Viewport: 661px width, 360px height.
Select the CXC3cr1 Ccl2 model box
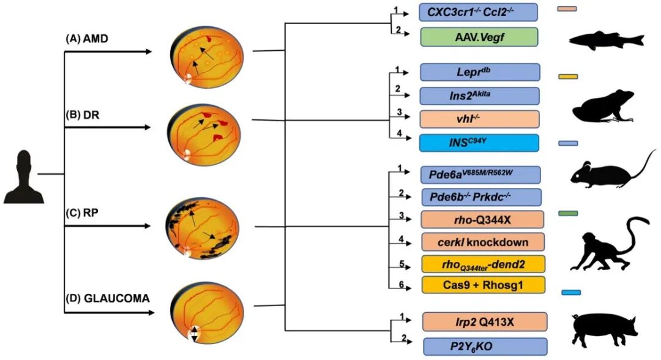(x=478, y=12)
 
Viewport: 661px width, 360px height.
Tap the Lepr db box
(x=480, y=72)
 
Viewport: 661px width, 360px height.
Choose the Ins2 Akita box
(x=480, y=96)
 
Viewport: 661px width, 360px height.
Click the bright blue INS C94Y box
(x=479, y=143)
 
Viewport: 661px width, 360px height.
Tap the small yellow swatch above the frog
(x=568, y=77)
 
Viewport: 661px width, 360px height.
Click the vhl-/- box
(x=480, y=119)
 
